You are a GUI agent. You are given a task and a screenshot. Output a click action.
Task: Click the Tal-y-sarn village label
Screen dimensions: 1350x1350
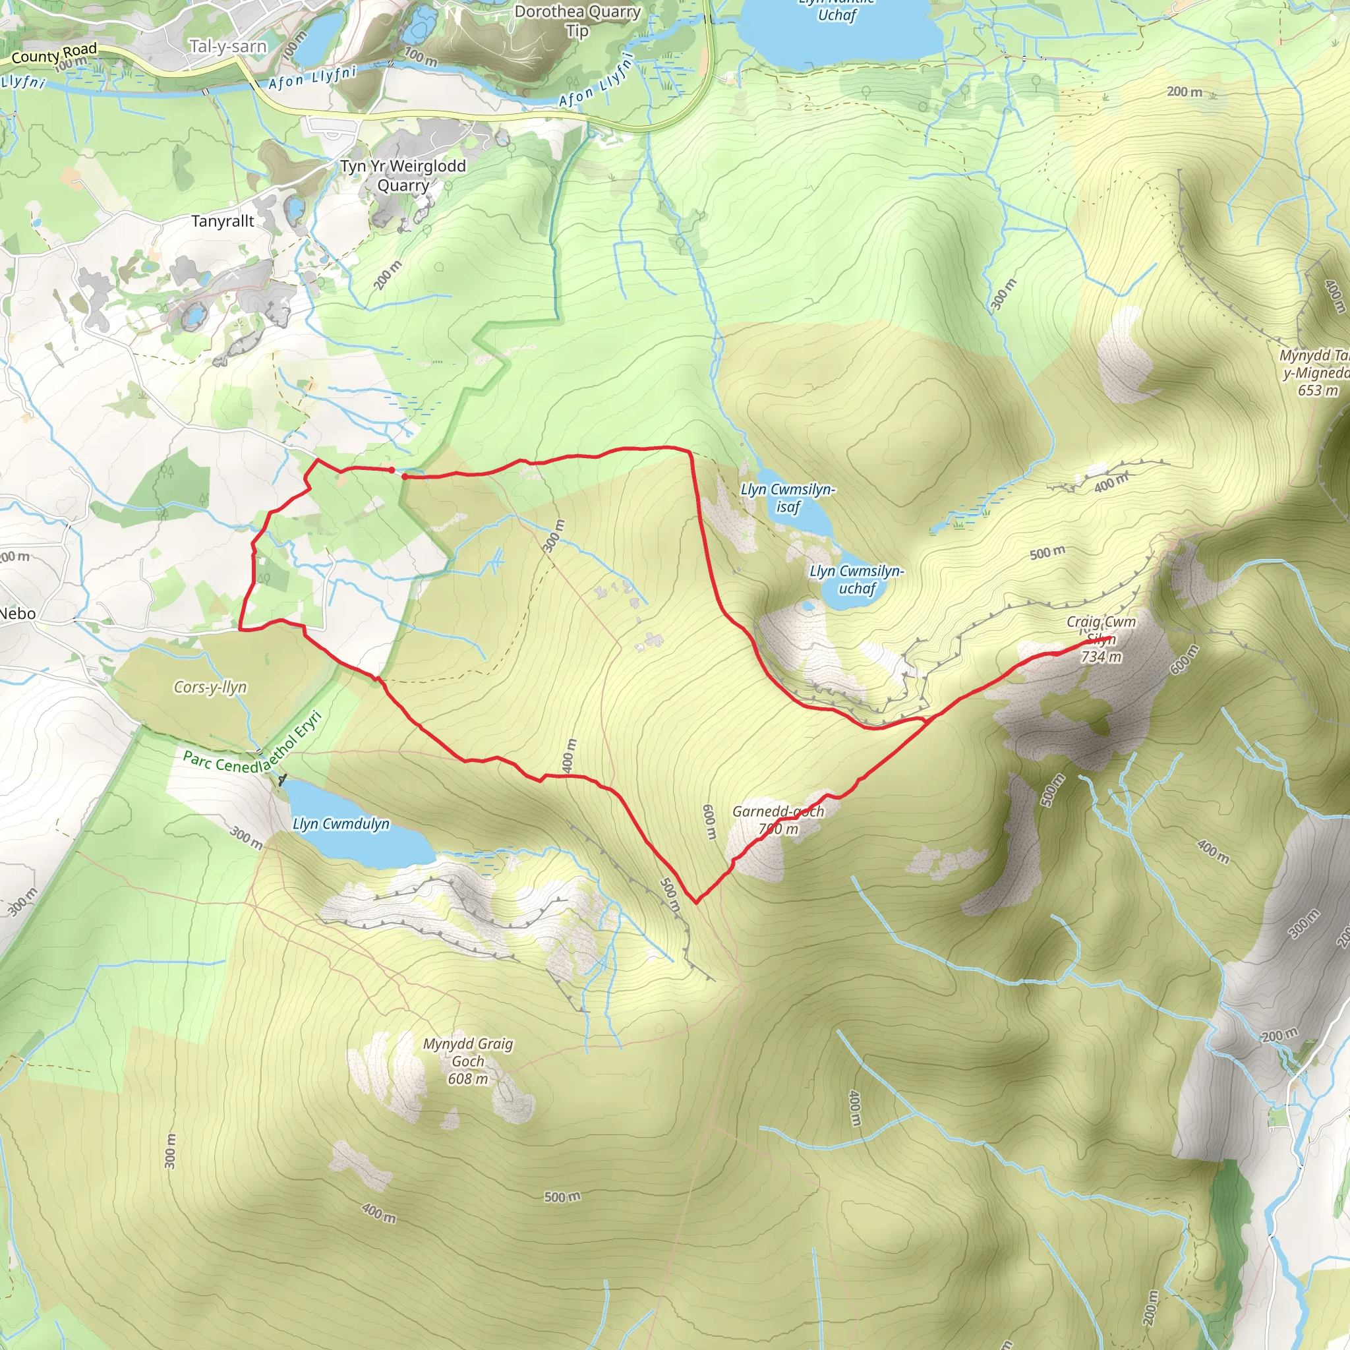(x=228, y=47)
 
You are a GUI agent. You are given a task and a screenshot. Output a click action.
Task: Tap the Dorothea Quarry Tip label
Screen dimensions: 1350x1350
(x=577, y=21)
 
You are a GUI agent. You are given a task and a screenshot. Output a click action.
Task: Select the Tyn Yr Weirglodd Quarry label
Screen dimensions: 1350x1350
(x=403, y=175)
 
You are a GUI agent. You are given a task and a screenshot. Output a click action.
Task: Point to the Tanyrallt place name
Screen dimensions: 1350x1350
(x=223, y=221)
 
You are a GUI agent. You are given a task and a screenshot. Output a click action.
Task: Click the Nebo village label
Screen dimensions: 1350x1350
(x=18, y=614)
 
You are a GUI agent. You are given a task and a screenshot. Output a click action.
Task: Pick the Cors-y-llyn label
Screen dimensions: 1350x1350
(x=210, y=687)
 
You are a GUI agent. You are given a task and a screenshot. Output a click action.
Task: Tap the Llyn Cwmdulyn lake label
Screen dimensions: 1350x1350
(x=341, y=824)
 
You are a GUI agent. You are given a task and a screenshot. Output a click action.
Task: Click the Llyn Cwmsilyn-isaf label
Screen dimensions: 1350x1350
(x=788, y=498)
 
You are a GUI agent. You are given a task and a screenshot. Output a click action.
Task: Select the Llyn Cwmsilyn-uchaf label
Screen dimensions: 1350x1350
(x=857, y=579)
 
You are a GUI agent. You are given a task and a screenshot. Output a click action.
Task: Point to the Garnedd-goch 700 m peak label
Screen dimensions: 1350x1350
(x=778, y=819)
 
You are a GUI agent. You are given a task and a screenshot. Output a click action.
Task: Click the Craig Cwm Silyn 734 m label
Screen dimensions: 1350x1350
(x=1101, y=639)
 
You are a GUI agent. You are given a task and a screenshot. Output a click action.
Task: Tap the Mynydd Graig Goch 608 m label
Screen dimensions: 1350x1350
(x=468, y=1061)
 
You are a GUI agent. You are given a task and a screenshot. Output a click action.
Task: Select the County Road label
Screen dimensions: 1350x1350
(x=55, y=54)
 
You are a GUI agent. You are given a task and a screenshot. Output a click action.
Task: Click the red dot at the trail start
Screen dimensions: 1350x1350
(x=392, y=469)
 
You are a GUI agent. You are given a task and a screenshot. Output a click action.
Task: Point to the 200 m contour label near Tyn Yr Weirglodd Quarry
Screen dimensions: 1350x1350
(x=388, y=275)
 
